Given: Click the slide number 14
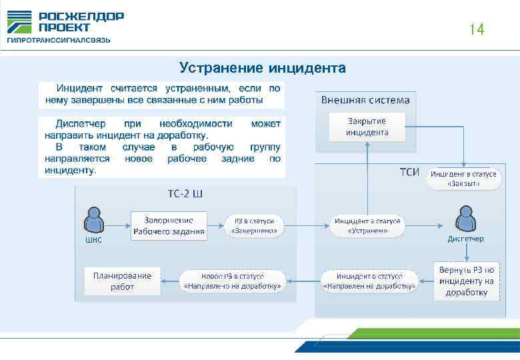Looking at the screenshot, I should pos(476,30).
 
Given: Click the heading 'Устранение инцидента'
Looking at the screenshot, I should pos(262,68).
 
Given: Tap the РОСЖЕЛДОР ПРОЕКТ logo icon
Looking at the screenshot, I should pos(19,23).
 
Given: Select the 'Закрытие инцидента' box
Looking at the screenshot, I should pos(367,127).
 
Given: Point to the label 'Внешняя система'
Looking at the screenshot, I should pos(365,101).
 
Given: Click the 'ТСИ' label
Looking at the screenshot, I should pos(409,173).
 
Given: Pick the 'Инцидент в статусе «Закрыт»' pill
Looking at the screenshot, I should pos(463,179).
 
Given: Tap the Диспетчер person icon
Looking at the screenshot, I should pos(465,219).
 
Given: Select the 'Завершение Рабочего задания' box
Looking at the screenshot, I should pos(168,225).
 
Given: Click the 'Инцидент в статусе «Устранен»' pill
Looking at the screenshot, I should pos(367,225).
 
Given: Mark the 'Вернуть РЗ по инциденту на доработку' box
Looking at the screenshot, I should pos(466,281).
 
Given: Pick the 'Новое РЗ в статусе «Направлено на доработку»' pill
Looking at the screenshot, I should pos(233,281).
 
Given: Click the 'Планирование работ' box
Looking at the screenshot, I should pos(122,281).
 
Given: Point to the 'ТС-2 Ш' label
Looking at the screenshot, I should pos(185,195).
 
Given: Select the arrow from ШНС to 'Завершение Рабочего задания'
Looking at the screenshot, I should pos(118,225).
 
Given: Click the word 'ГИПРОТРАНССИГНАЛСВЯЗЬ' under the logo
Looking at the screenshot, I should pos(59,41).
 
